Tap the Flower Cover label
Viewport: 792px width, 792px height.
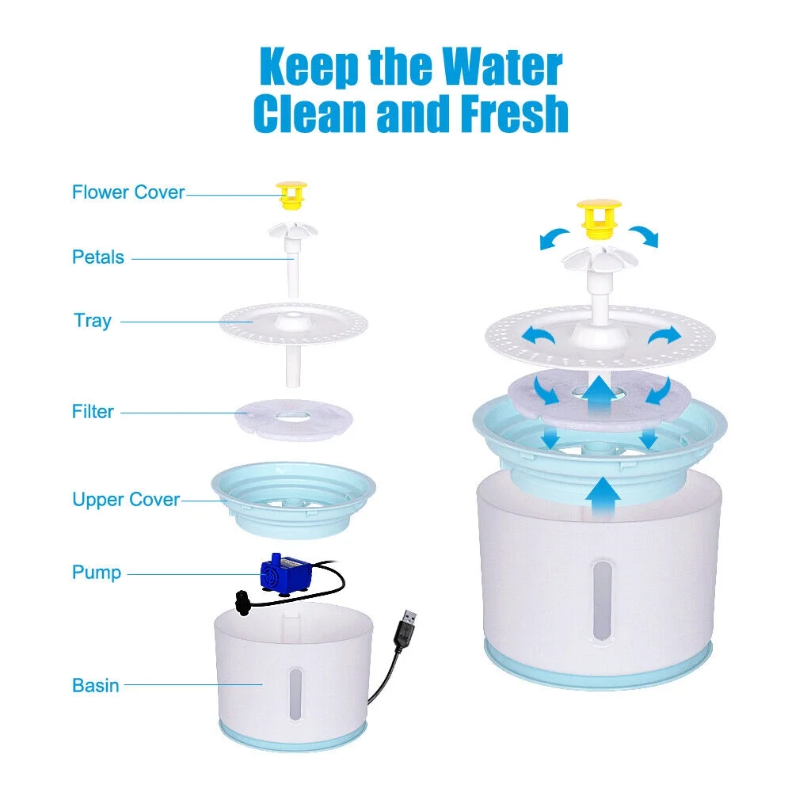click(128, 192)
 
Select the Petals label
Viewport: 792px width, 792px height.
click(98, 257)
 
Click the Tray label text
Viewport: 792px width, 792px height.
click(93, 321)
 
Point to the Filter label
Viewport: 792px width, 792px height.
click(93, 411)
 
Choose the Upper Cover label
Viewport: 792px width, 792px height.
click(126, 500)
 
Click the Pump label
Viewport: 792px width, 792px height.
click(97, 573)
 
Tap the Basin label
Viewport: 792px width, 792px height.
click(95, 685)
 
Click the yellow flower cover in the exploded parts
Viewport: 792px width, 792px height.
click(291, 196)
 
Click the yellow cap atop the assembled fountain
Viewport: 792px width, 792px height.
click(599, 217)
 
